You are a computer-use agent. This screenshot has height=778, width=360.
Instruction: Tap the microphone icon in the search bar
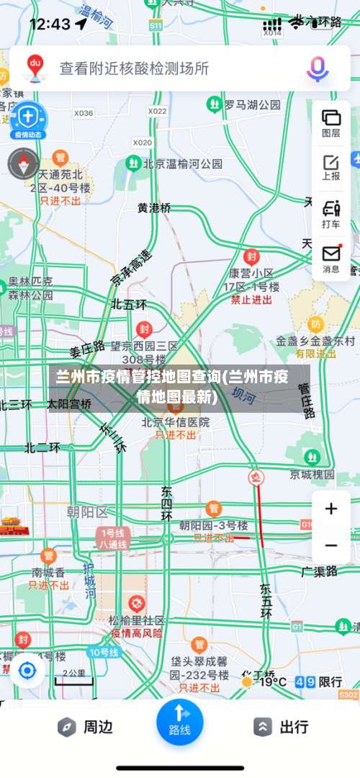click(x=317, y=68)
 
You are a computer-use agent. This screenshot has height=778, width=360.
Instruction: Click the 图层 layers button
click(x=331, y=122)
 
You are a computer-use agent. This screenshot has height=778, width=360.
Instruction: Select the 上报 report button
click(x=331, y=167)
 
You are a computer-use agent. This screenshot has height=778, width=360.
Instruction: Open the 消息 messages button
click(x=331, y=259)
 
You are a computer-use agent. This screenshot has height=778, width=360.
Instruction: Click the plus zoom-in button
click(x=331, y=509)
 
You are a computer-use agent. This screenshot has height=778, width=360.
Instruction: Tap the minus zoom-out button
click(x=331, y=545)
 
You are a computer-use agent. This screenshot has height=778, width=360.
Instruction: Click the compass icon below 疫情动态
click(x=23, y=164)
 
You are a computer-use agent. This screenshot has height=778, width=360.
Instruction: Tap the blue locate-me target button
click(x=27, y=671)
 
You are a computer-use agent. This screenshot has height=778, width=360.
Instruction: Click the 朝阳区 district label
click(x=86, y=512)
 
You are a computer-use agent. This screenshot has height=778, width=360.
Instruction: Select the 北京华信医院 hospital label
click(x=175, y=422)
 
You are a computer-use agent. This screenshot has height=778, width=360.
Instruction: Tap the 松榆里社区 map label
click(x=137, y=620)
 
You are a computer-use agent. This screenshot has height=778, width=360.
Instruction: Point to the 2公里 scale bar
click(x=73, y=675)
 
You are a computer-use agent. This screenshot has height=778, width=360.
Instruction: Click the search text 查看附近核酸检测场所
click(x=134, y=68)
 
